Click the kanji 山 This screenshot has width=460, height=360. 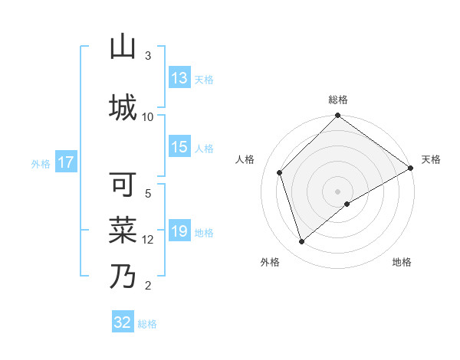[x=123, y=48]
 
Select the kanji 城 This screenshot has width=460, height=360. [x=123, y=106]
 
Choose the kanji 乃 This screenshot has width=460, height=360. [x=123, y=276]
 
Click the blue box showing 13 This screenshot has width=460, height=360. [x=179, y=78]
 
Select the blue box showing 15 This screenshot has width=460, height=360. [x=179, y=148]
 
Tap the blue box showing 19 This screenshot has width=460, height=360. [x=179, y=231]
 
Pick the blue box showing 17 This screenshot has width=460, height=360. [x=66, y=162]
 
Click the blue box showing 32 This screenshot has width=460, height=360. [x=123, y=322]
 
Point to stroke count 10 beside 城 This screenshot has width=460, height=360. [x=148, y=116]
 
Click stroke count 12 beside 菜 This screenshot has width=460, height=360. [x=148, y=240]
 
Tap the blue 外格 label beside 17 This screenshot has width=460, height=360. [x=41, y=163]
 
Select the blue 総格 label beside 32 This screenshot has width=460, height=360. [x=148, y=323]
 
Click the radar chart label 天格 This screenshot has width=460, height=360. [x=431, y=159]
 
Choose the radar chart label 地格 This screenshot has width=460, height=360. [x=402, y=262]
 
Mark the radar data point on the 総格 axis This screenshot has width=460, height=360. [x=337, y=116]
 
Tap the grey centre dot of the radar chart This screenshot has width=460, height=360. [x=337, y=191]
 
